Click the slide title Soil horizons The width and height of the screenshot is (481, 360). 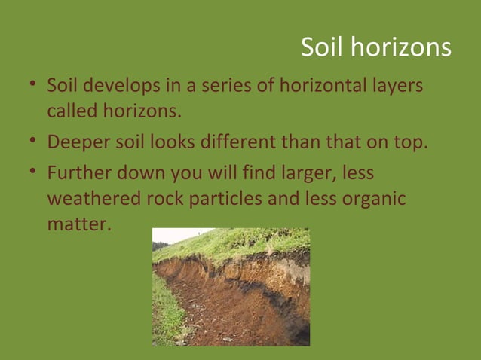[375, 47]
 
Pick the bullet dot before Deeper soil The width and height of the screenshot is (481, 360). [34, 142]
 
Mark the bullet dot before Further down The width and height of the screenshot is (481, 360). [34, 173]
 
